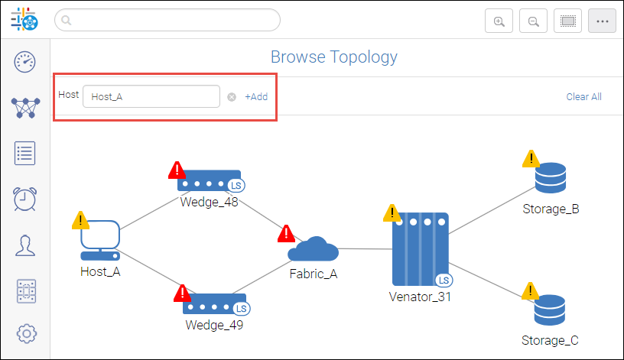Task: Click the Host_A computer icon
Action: tap(100, 240)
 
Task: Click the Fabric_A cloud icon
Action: tap(313, 250)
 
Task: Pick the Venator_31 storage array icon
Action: tap(420, 249)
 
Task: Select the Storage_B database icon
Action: tap(550, 179)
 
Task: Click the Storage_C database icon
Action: tap(550, 310)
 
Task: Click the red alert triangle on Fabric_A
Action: tap(286, 233)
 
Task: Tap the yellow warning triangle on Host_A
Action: tap(80, 220)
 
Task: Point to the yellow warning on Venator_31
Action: tap(392, 212)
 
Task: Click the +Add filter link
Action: tap(256, 97)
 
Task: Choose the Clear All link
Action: tap(583, 97)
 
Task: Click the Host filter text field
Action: tap(151, 96)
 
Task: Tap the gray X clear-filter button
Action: tap(232, 97)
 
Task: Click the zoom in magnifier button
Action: tap(499, 21)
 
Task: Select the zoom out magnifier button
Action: tap(533, 21)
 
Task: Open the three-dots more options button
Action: tap(602, 21)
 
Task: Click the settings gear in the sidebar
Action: tap(26, 333)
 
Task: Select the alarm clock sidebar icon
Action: tap(25, 198)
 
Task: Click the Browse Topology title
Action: tap(334, 57)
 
